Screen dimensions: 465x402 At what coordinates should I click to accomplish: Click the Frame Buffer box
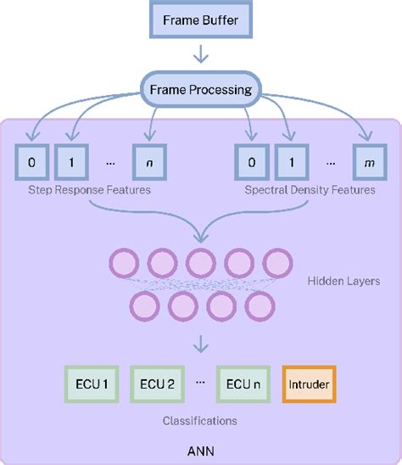[201, 20]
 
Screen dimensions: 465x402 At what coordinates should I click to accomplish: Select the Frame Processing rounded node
[201, 89]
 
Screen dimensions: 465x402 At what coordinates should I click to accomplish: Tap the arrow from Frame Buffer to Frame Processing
[201, 55]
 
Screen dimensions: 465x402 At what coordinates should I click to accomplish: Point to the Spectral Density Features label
[310, 190]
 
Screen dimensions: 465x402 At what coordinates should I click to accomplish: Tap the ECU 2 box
[159, 384]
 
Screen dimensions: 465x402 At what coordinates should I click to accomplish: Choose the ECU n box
[243, 384]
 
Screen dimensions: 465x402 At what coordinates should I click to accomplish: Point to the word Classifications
[200, 420]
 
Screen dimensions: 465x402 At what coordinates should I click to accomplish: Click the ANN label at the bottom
[201, 448]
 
